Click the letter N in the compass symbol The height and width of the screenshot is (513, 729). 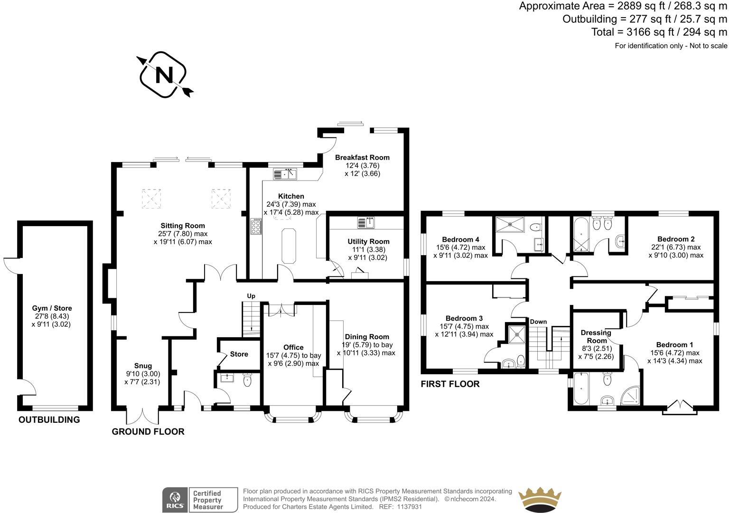[164, 75]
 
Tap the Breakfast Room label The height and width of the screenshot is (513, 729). [362, 157]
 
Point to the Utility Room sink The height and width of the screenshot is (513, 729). [366, 222]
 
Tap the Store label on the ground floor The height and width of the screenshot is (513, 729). [239, 354]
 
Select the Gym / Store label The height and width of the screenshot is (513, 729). [52, 308]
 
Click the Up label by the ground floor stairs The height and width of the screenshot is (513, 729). [251, 296]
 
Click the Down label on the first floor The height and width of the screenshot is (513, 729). [538, 322]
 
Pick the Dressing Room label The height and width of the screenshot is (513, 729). [597, 336]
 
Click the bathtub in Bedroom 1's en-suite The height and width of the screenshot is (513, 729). [581, 389]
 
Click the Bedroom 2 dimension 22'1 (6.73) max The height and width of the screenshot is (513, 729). [676, 247]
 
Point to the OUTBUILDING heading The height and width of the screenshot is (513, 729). [49, 419]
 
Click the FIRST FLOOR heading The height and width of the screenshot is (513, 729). [450, 384]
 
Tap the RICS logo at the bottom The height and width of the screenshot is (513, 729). [175, 500]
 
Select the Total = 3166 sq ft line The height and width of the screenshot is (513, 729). [659, 32]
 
